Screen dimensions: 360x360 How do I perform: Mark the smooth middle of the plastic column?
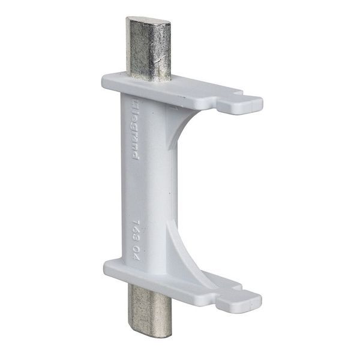coord(150,180)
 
